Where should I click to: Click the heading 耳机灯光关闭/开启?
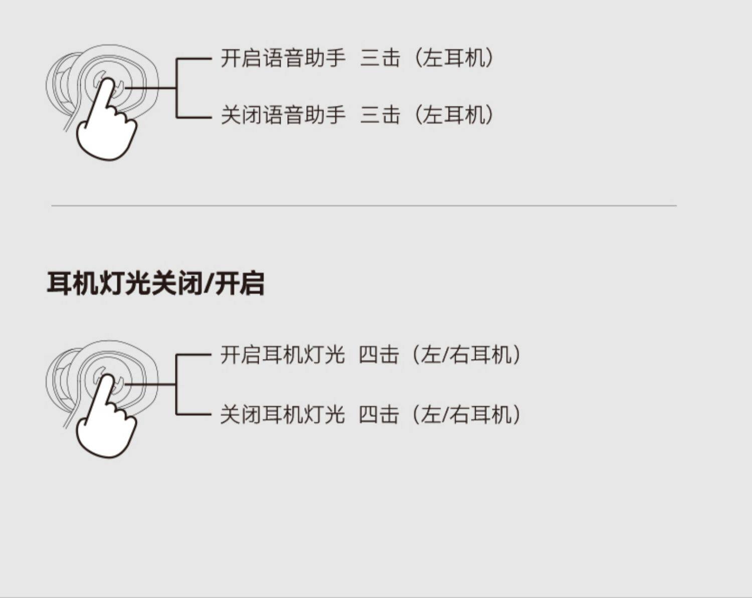point(155,284)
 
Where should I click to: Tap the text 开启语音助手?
point(283,58)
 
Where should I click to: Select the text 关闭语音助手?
point(283,115)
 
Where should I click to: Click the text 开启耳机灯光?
point(283,355)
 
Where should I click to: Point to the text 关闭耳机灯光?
point(283,415)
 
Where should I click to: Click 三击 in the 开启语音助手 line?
point(381,58)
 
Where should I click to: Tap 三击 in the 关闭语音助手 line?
point(381,115)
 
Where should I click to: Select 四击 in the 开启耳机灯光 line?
point(379,355)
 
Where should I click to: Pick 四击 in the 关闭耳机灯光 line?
point(379,415)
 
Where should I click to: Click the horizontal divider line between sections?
point(363,206)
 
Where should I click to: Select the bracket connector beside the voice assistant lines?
point(177,88)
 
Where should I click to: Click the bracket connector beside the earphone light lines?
point(177,384)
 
